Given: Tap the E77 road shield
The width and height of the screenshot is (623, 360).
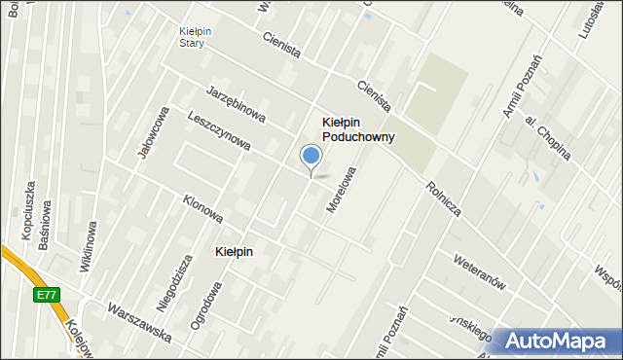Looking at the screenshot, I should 46,293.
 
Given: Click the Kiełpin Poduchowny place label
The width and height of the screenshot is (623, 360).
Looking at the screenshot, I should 358,129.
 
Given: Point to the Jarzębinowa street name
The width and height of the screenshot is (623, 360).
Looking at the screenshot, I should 237,104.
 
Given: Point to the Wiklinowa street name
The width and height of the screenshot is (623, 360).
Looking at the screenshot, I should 87,246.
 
